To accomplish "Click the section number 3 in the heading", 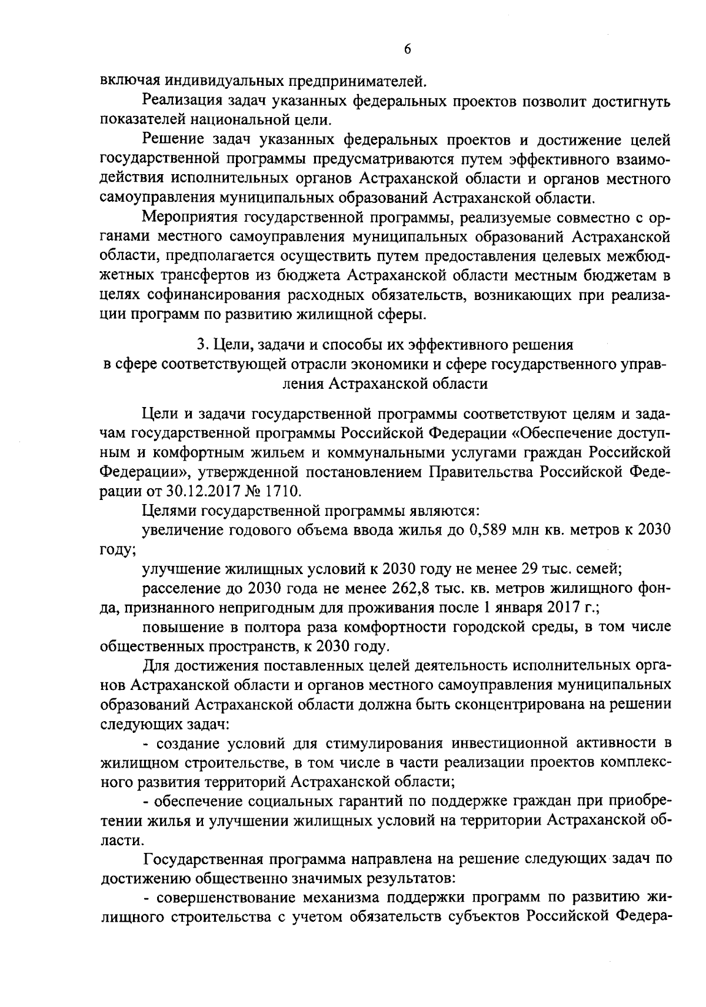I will pos(198,344).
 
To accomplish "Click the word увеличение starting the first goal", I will pos(181,529).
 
